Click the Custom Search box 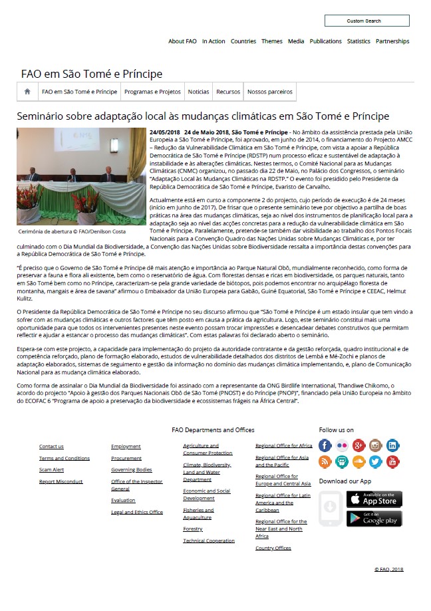pos(366,21)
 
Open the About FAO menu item pos(182,41)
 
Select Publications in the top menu pos(326,41)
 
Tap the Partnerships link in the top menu pos(392,41)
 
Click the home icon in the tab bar pos(27,92)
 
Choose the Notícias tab pos(198,92)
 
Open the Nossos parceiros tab pos(269,92)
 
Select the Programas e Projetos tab pos(152,92)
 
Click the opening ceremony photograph pos(81,176)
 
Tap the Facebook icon pos(325,445)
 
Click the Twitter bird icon pos(376,461)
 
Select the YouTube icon pos(393,461)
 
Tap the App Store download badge pos(374,499)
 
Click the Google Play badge pos(374,519)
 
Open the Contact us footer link pos(51,446)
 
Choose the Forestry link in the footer pos(193,529)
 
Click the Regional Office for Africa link pos(283,445)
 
